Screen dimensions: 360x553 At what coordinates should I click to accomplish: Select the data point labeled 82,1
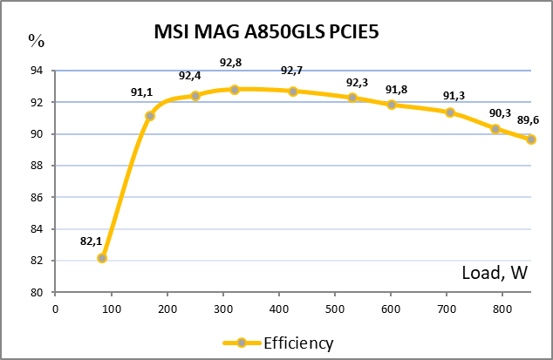[102, 258]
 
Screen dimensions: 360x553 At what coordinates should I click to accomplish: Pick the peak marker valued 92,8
[235, 90]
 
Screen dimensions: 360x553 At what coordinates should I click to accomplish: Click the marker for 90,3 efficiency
[495, 129]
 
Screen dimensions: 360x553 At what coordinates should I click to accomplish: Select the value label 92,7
[293, 71]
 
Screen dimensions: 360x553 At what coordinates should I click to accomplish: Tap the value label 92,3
[358, 83]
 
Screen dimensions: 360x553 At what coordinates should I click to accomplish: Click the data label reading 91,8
[397, 90]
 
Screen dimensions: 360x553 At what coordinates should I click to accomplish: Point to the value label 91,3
[454, 96]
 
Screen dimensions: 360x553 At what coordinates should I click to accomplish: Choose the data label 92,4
[190, 76]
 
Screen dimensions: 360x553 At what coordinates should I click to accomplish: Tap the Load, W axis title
[495, 274]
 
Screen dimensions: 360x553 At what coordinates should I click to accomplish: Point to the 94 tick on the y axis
[38, 71]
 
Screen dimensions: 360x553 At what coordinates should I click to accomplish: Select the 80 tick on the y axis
[38, 293]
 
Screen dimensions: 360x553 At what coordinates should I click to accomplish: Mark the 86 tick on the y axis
[38, 198]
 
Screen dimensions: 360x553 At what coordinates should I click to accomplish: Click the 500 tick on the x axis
[335, 308]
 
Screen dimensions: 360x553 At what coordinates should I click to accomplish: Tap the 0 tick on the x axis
[55, 308]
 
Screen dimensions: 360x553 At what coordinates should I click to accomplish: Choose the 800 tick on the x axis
[503, 308]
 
